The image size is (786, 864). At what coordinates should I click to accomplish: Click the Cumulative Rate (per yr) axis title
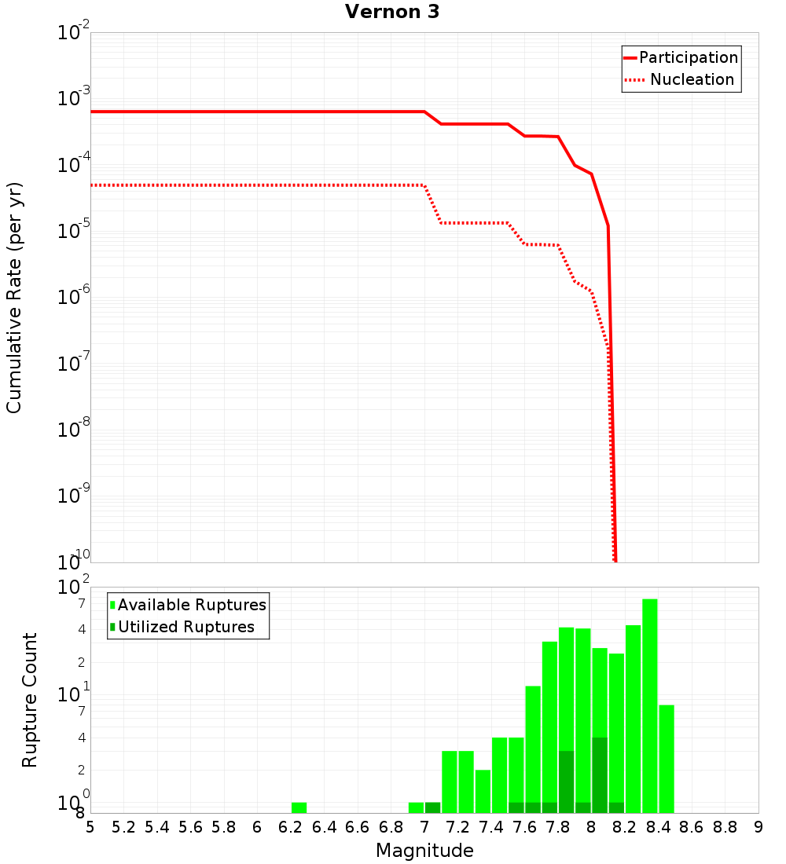pos(14,298)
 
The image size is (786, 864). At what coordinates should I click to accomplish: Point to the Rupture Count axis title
pos(30,700)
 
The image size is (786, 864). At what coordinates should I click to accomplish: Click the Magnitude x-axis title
pos(424,851)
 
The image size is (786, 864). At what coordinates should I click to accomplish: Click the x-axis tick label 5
pos(90,827)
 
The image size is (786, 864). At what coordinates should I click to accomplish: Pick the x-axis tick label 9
pos(758,827)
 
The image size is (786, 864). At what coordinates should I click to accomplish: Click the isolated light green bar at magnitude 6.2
pos(299,807)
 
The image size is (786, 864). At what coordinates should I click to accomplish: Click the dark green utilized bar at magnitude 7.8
pos(566,782)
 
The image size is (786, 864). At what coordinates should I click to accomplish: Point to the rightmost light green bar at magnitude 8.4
pos(667,759)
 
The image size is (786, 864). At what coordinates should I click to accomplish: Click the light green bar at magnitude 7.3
pos(466,782)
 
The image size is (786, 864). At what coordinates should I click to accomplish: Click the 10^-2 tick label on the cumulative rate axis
pos(74,33)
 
